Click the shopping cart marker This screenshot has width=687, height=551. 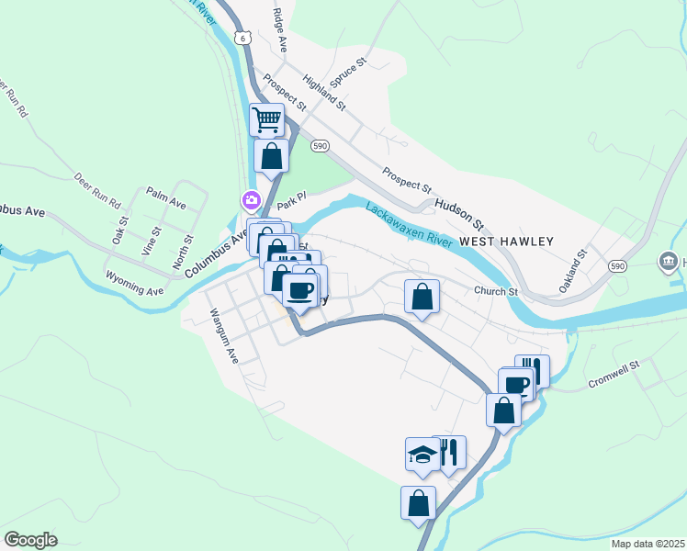266,119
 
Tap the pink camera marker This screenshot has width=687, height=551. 250,199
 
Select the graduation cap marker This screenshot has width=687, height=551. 422,454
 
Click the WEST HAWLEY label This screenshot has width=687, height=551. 507,242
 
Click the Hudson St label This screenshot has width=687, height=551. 459,214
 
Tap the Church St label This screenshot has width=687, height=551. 497,292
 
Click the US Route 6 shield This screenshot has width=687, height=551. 241,38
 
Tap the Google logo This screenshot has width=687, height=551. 30,540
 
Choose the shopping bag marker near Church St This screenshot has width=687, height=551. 422,297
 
